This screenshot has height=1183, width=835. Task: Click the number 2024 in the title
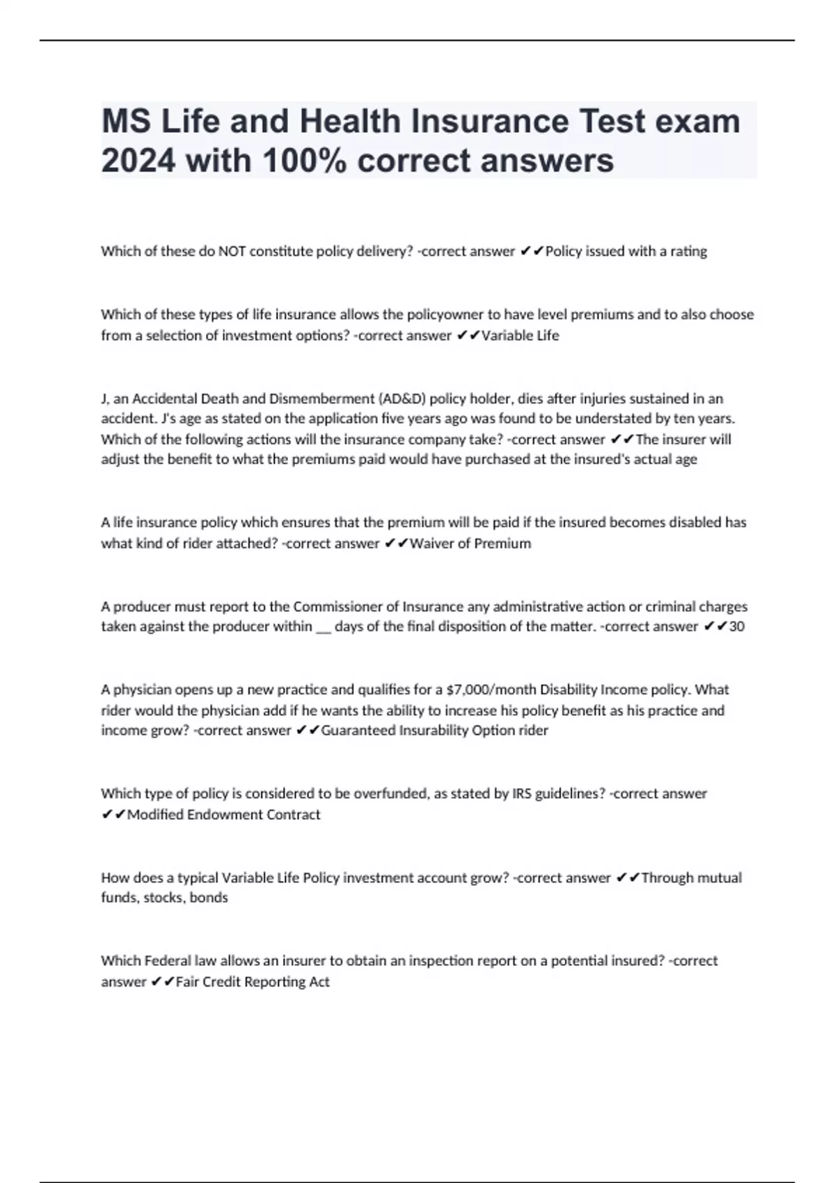coord(138,161)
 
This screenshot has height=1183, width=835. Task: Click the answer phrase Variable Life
coord(520,335)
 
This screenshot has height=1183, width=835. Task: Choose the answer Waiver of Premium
coord(470,543)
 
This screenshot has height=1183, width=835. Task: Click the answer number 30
coord(736,626)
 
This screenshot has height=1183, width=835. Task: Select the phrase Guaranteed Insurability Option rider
coord(434,731)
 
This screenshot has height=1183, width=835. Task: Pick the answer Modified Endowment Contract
coord(223,815)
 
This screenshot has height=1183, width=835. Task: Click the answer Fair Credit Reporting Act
coord(253,982)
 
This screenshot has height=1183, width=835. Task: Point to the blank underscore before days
coord(323,626)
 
